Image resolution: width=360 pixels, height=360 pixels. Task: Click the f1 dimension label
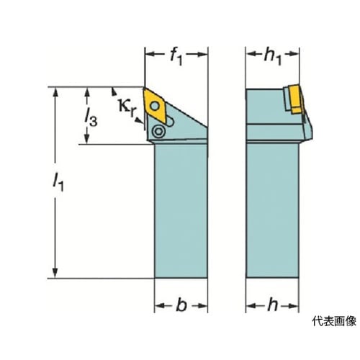tap(176, 57)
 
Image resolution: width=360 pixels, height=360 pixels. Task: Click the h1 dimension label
tap(273, 58)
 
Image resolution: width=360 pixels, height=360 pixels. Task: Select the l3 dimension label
tap(91, 117)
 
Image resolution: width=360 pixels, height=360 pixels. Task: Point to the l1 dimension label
tap(58, 182)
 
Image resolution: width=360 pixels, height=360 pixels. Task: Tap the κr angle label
tap(127, 108)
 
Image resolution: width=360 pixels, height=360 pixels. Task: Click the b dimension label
tap(181, 305)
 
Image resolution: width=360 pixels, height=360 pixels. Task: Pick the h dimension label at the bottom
tap(273, 305)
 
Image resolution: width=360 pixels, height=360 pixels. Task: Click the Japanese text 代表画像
tap(334, 321)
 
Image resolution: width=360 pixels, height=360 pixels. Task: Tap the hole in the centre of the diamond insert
tap(155, 106)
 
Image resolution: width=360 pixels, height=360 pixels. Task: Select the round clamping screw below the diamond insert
tap(158, 131)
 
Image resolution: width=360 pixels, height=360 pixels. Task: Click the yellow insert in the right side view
tap(295, 99)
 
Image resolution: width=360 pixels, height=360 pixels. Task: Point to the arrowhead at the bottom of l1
tap(55, 272)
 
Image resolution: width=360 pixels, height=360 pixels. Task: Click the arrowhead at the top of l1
tap(55, 94)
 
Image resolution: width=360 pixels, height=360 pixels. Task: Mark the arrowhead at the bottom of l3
tap(87, 138)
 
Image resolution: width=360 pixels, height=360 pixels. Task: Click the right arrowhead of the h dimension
tap(293, 306)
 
